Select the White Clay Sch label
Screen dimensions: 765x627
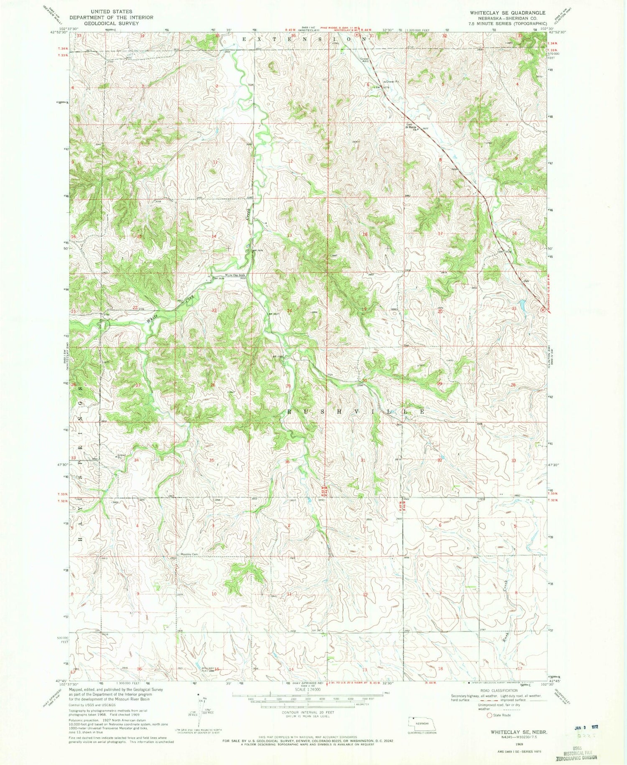tap(235, 275)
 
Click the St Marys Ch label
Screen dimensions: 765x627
tap(413, 127)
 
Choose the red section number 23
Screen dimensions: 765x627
tap(214, 310)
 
